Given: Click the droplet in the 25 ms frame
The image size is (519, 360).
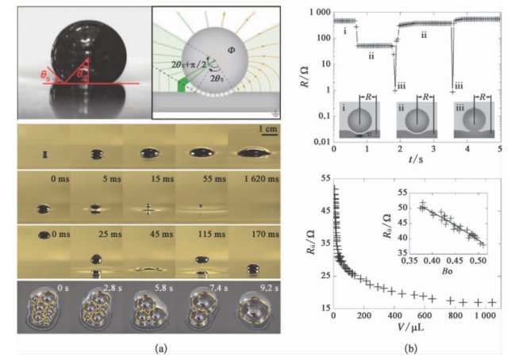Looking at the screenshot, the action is [x=98, y=260].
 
